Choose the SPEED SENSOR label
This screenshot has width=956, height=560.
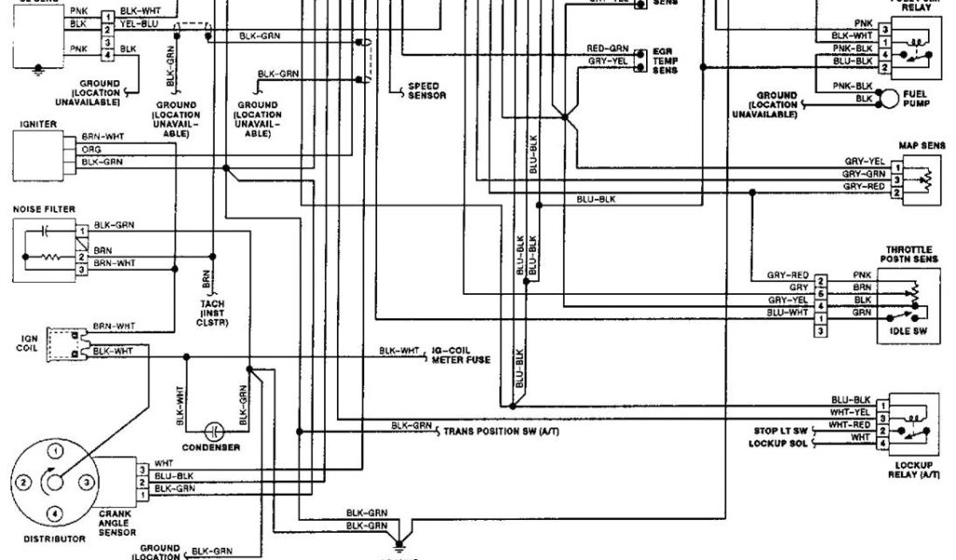coord(427,91)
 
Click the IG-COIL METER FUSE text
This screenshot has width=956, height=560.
coord(461,356)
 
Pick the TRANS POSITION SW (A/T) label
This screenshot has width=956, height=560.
coord(500,429)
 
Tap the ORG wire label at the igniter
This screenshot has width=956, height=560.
coord(91,148)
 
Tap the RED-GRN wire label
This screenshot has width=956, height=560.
coord(607,48)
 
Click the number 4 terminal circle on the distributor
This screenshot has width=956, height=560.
coord(56,513)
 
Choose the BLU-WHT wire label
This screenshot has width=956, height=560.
coord(788,314)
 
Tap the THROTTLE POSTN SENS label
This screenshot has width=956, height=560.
coord(911,256)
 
